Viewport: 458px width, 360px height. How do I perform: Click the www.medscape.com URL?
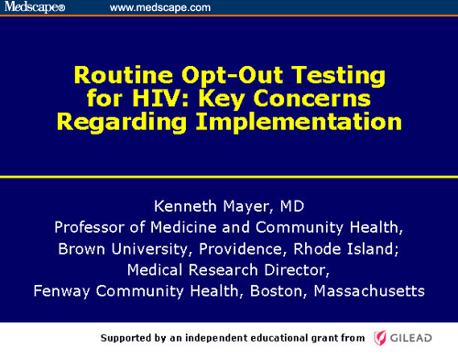(x=160, y=8)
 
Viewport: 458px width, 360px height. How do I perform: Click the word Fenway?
(x=60, y=291)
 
